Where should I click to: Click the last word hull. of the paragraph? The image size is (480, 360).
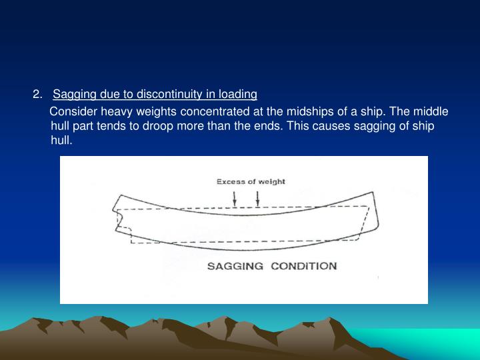click(61, 141)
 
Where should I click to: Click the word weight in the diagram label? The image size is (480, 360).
click(273, 181)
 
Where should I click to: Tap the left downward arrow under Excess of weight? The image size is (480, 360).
click(235, 197)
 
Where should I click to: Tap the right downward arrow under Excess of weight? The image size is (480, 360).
click(257, 197)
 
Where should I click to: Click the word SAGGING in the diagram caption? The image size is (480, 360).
click(236, 266)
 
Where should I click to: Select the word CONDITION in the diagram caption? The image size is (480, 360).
click(304, 266)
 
